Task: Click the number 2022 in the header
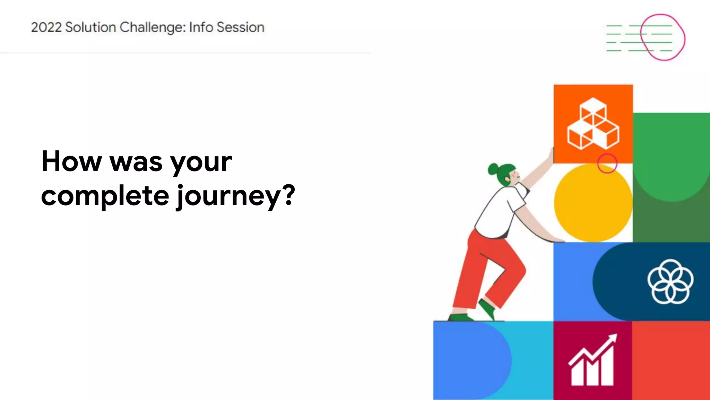[46, 27]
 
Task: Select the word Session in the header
[240, 27]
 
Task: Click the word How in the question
[71, 161]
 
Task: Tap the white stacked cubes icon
[593, 124]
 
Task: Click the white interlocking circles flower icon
[670, 281]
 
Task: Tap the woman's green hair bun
[493, 169]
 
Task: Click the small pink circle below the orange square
[607, 163]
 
